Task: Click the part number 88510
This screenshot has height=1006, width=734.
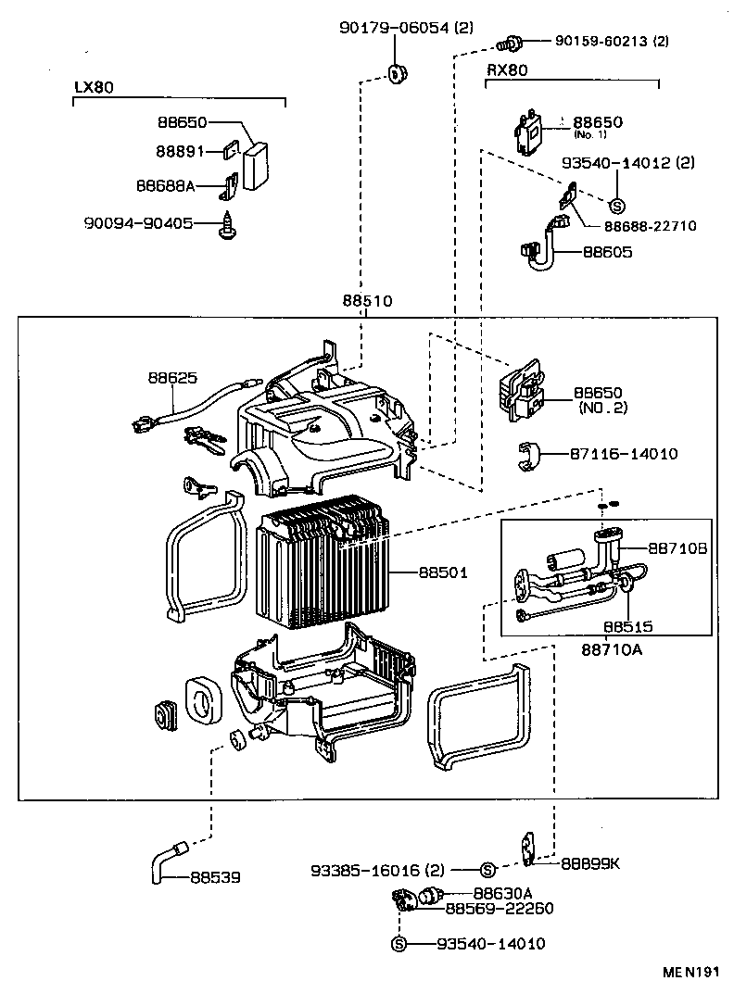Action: tap(367, 302)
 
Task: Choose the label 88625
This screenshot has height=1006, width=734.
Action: tap(172, 378)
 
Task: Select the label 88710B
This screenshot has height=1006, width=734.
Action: tap(677, 549)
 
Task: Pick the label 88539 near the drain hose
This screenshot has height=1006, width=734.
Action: tap(216, 876)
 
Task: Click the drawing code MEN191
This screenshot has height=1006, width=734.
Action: tap(690, 972)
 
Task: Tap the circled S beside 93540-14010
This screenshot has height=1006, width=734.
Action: tap(399, 944)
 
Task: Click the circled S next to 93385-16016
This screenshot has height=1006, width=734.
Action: tap(488, 870)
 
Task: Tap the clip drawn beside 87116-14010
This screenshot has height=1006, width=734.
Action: tap(528, 455)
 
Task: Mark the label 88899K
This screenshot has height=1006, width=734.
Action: tap(589, 863)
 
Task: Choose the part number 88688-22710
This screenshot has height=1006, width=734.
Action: tap(650, 225)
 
